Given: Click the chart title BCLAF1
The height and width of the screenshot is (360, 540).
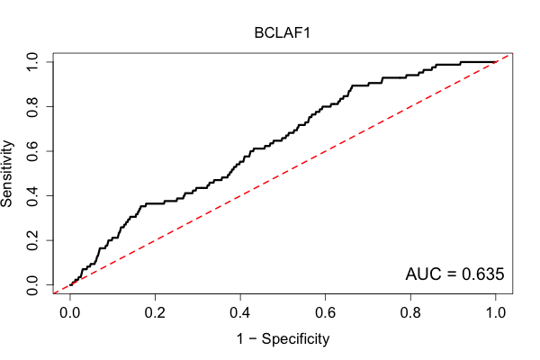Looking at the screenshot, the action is coord(282,33).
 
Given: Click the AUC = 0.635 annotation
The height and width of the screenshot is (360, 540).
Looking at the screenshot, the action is coord(454,274).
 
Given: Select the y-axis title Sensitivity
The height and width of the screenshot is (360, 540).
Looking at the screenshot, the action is coord(7,174).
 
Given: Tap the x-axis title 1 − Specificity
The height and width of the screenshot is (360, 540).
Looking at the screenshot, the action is coord(283,339).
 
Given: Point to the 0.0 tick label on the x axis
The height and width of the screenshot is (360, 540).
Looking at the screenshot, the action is coord(70,313).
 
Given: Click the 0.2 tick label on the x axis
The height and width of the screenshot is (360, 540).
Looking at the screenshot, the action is coord(155,313).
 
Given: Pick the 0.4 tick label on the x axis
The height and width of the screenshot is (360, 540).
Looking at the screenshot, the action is coord(240,313).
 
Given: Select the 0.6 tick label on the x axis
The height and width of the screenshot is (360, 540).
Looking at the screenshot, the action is coord(325,313).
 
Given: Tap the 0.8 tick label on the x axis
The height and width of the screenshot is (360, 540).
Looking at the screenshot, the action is coord(410,313).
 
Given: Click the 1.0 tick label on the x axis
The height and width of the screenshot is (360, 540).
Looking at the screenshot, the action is coord(496,313).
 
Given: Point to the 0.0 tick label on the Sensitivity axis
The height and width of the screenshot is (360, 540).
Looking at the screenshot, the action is coord(32,285).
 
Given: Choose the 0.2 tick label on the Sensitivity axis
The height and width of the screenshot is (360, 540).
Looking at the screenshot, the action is coord(32,240).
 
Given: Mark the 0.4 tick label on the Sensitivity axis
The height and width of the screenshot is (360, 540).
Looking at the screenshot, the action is coord(32,195).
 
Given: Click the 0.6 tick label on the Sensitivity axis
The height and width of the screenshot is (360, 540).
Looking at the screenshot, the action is coord(32,151).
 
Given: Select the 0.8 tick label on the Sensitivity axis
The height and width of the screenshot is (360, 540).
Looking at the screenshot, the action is coord(32,107).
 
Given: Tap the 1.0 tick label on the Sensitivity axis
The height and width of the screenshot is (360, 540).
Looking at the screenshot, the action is coord(32,62).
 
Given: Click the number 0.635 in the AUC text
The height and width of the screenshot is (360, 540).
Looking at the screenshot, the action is coord(482,274).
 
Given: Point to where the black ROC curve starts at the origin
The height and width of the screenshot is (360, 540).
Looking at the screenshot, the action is coord(70,285).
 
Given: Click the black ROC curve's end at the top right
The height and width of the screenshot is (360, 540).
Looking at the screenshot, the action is coord(496,62).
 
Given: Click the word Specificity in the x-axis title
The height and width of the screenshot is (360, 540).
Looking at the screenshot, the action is coord(295,339).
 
